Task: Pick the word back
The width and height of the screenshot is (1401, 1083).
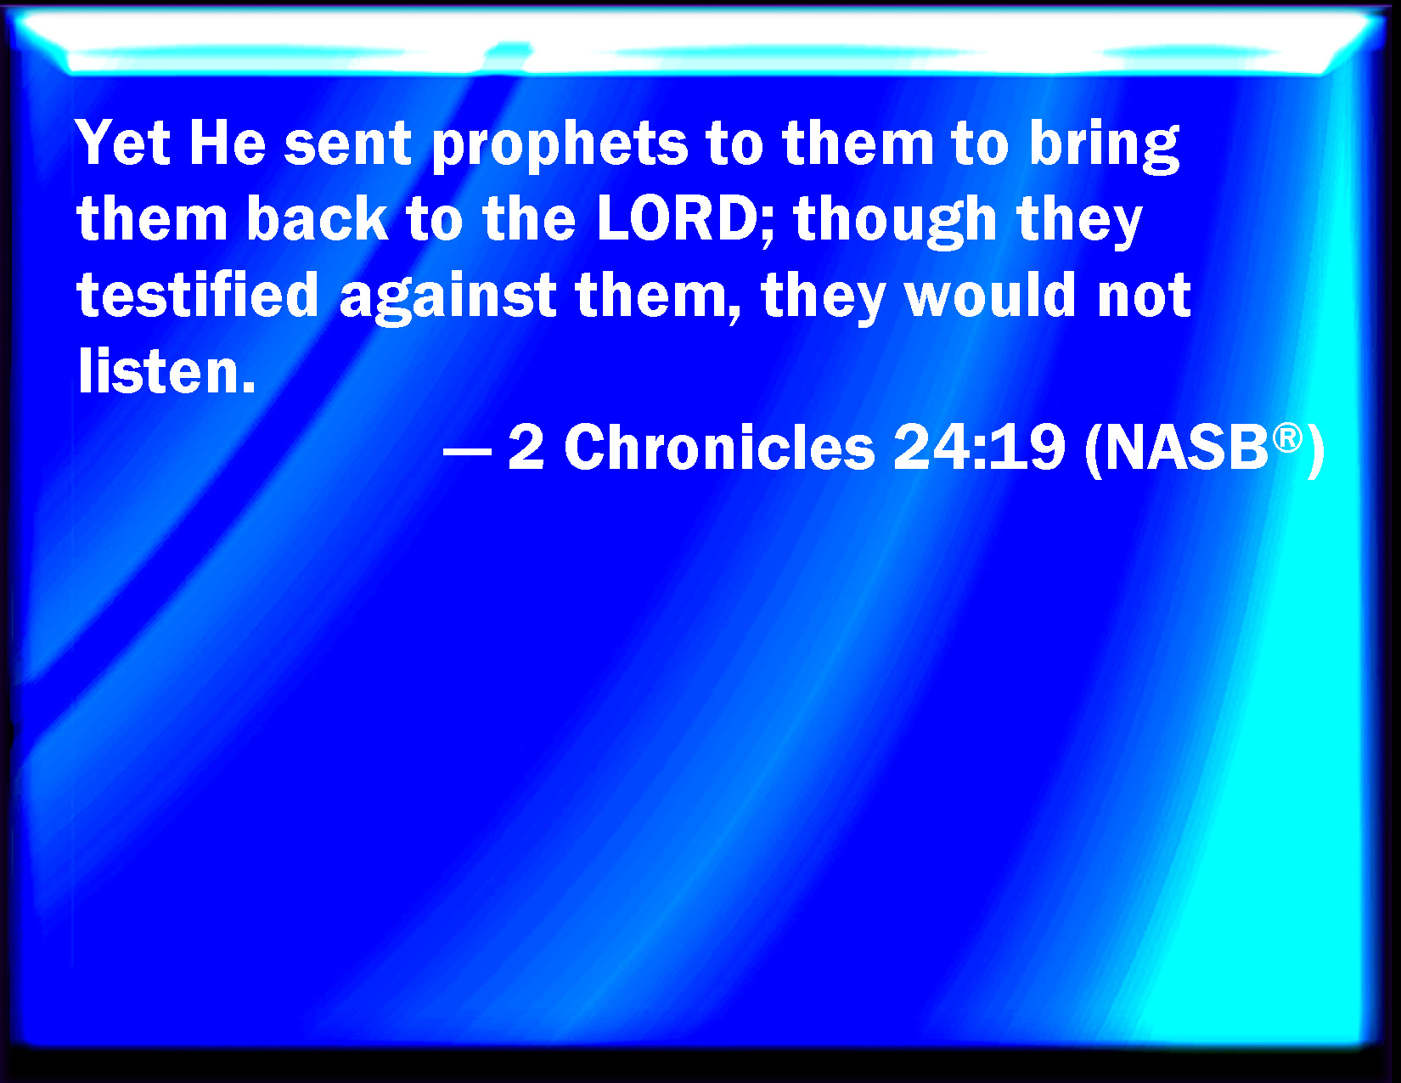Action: [318, 218]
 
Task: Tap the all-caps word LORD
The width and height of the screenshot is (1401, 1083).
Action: [678, 218]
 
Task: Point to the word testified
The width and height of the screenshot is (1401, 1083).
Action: [197, 295]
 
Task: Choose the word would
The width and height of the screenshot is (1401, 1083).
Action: [991, 295]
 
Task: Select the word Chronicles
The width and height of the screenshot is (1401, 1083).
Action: [720, 447]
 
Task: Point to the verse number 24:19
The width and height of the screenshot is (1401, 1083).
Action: [979, 447]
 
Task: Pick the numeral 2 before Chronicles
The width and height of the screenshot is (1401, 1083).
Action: [526, 447]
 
